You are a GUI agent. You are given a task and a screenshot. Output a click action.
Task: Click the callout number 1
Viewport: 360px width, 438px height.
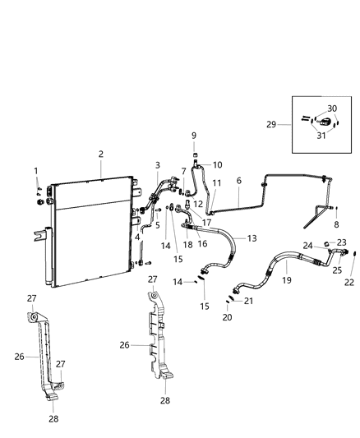(37, 170)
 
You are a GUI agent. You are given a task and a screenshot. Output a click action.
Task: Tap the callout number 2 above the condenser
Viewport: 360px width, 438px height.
(100, 154)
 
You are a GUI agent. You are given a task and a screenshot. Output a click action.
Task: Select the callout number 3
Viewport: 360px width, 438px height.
(158, 166)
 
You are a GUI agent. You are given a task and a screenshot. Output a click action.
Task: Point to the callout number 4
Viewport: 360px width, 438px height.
(137, 237)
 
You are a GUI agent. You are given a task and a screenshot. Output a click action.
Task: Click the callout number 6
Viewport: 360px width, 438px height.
(238, 181)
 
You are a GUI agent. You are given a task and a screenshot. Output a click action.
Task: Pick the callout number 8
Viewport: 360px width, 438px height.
(336, 224)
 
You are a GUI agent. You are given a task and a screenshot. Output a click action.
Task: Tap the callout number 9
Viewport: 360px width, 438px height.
(195, 135)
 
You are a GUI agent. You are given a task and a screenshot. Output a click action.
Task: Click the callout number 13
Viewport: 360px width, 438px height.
(252, 237)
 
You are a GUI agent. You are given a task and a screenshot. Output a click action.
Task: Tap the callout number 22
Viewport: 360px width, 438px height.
(349, 282)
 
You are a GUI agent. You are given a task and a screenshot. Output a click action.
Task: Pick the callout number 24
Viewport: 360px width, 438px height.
(307, 245)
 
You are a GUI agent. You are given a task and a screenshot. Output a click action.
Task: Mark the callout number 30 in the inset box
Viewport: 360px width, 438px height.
(332, 108)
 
